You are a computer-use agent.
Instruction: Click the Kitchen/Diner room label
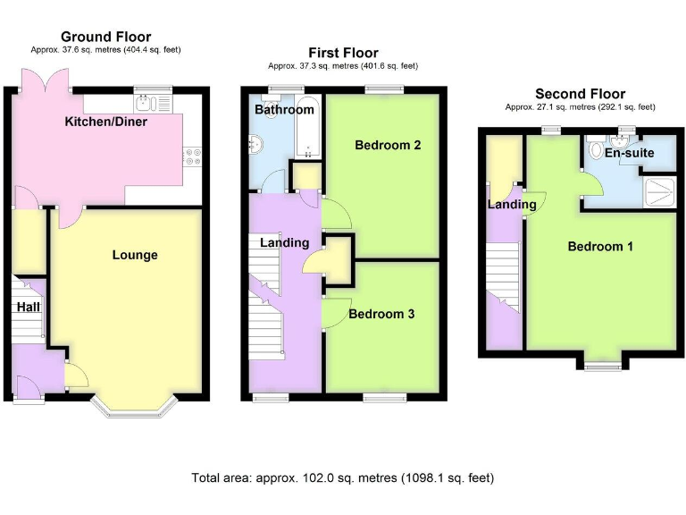[x=105, y=122]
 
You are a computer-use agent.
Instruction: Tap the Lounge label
[x=135, y=255]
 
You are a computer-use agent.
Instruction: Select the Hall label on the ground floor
[x=29, y=307]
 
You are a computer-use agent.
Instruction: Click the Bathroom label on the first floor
[x=284, y=109]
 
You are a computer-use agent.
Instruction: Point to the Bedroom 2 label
[x=388, y=145]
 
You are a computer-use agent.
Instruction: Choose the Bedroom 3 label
[x=381, y=314]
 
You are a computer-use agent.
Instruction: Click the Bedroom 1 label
[x=600, y=246]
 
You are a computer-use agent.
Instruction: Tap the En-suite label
[x=629, y=153]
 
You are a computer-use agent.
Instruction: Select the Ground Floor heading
[x=106, y=37]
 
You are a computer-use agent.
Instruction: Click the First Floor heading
[x=343, y=53]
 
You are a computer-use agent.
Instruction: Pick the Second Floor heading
[x=580, y=94]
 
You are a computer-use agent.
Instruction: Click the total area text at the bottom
[x=343, y=477]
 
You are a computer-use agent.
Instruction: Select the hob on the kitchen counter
[x=192, y=158]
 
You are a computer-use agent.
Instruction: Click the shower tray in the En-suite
[x=661, y=188]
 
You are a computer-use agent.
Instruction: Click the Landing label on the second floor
[x=512, y=204]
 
